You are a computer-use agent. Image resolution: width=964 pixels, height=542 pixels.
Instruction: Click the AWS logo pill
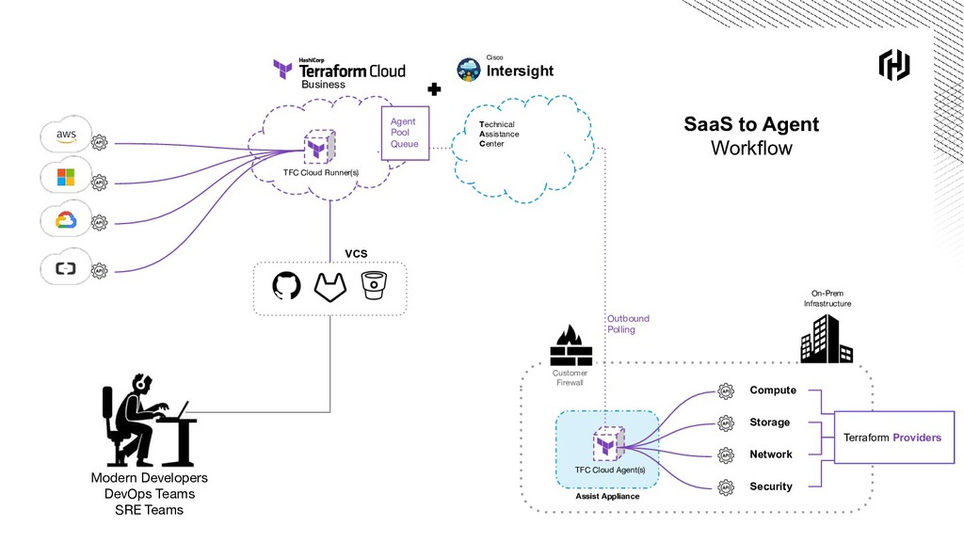coord(66,135)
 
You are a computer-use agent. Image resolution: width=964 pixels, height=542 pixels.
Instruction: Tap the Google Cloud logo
coord(65,220)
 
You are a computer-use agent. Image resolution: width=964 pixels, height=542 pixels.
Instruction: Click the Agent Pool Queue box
coord(405,133)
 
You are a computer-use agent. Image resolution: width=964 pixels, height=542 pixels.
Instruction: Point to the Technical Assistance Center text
coord(499,135)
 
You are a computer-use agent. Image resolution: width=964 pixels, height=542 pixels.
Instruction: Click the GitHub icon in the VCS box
coord(286,286)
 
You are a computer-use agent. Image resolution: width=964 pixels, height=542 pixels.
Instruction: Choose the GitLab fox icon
coord(330,287)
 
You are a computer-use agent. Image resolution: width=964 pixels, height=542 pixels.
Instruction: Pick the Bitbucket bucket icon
coord(374,285)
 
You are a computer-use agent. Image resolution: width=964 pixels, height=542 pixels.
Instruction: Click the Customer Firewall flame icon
coord(570,345)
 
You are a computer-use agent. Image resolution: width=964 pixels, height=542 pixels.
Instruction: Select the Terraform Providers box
coord(892,438)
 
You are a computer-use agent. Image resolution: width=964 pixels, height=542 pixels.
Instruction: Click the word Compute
coord(773,391)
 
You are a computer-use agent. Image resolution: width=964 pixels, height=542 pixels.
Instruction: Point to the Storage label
coord(770,422)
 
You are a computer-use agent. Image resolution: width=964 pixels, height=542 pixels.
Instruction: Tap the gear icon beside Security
coord(726,487)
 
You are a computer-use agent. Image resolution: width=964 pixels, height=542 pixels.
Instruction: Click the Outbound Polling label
coord(628,325)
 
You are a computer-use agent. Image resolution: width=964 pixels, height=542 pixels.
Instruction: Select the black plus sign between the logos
coord(434,89)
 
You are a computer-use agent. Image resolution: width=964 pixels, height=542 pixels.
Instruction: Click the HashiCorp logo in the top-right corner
coord(893,65)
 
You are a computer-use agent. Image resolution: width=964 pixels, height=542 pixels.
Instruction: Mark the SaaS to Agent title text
coord(751,124)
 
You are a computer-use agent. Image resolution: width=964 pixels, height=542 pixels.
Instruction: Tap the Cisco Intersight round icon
coord(469,70)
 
